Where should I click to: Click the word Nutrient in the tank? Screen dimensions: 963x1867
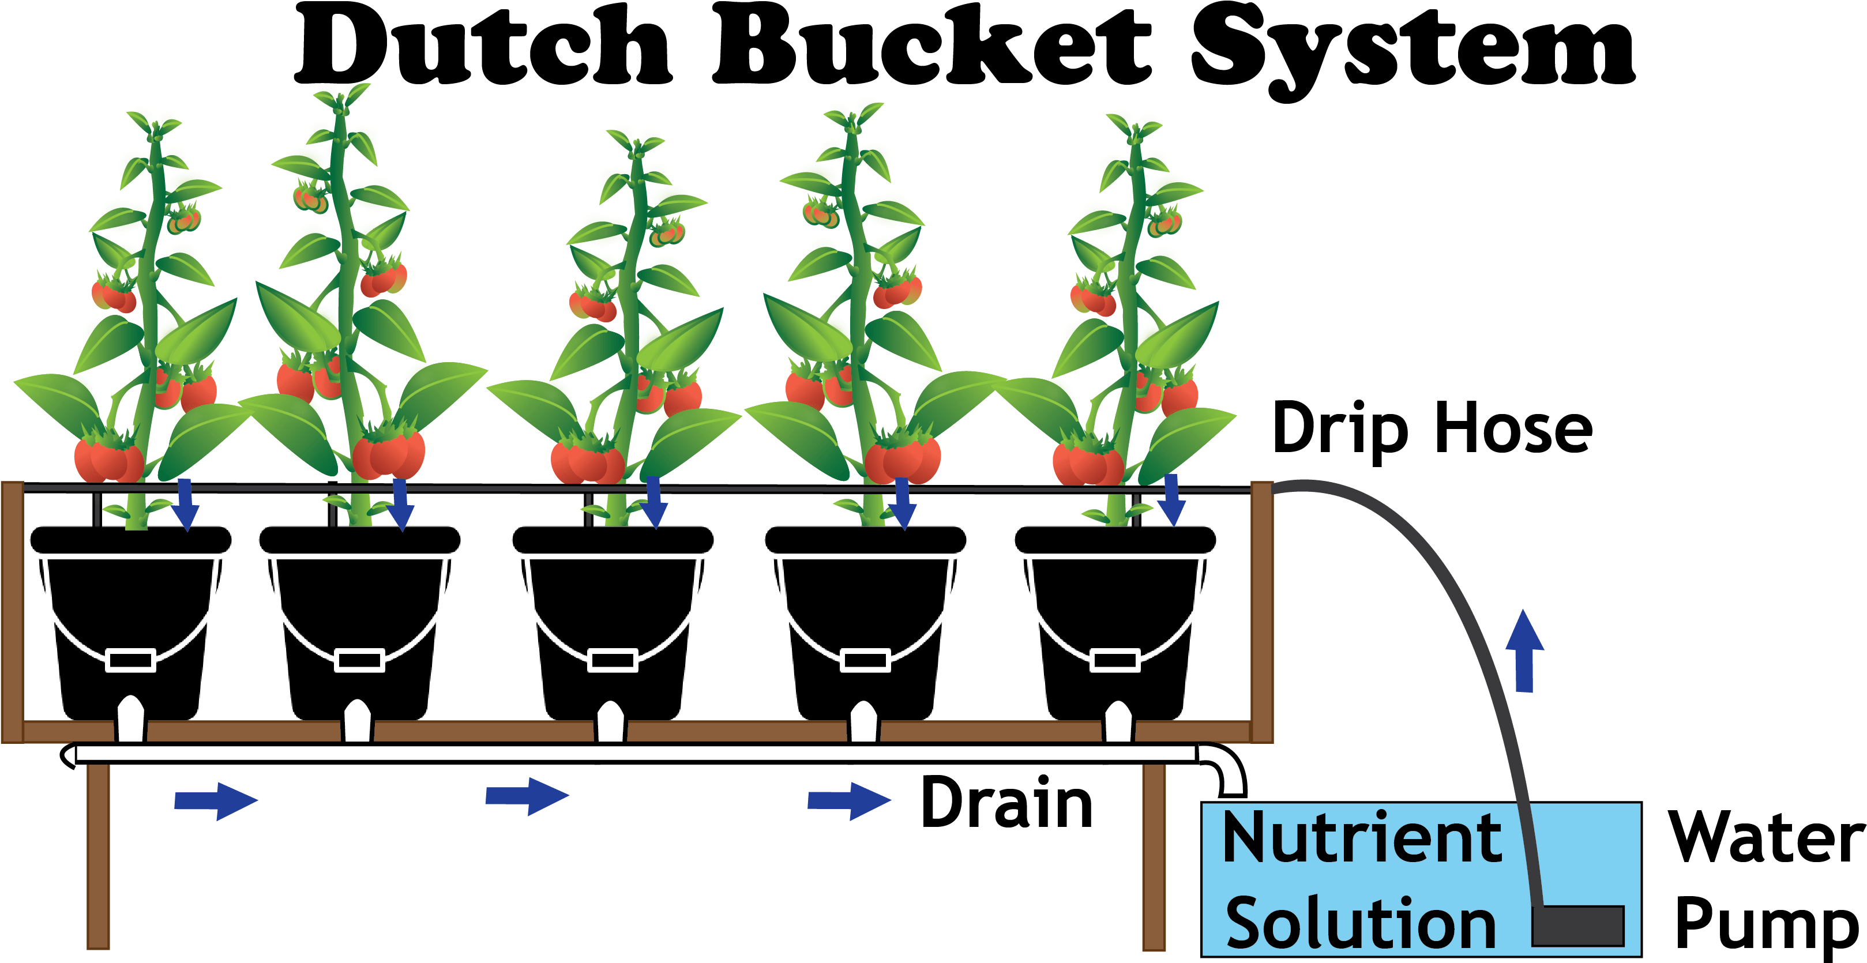(x=1361, y=838)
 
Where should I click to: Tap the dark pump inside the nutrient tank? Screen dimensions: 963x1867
(x=1578, y=926)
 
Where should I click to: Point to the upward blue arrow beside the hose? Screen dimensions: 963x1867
(x=1524, y=650)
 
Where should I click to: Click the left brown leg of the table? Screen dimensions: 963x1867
(x=99, y=855)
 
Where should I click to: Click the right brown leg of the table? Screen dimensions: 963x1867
(x=1154, y=855)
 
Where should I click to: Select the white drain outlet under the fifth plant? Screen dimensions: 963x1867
(x=1118, y=722)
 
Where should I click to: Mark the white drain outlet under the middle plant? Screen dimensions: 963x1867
(x=610, y=722)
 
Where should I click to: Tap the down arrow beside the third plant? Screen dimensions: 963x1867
(x=653, y=503)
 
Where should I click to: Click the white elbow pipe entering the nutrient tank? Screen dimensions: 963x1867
(x=1225, y=768)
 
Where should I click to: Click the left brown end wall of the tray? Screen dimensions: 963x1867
(x=12, y=612)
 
